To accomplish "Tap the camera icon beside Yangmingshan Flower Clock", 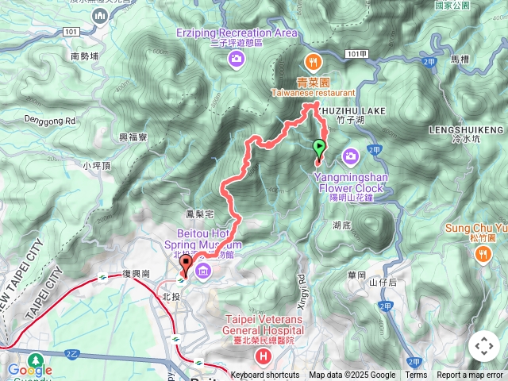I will (x=350, y=155).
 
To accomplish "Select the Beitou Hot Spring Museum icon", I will (x=202, y=273).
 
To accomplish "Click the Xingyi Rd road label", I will (x=301, y=286).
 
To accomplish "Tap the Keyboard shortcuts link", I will (x=265, y=375).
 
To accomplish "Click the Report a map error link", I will (x=471, y=375).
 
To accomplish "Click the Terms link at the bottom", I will (x=416, y=375).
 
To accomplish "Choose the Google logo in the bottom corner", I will (x=29, y=370).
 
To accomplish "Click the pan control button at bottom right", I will (x=483, y=346).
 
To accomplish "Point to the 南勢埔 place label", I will (x=85, y=56).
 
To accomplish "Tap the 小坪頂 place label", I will (x=98, y=166).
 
